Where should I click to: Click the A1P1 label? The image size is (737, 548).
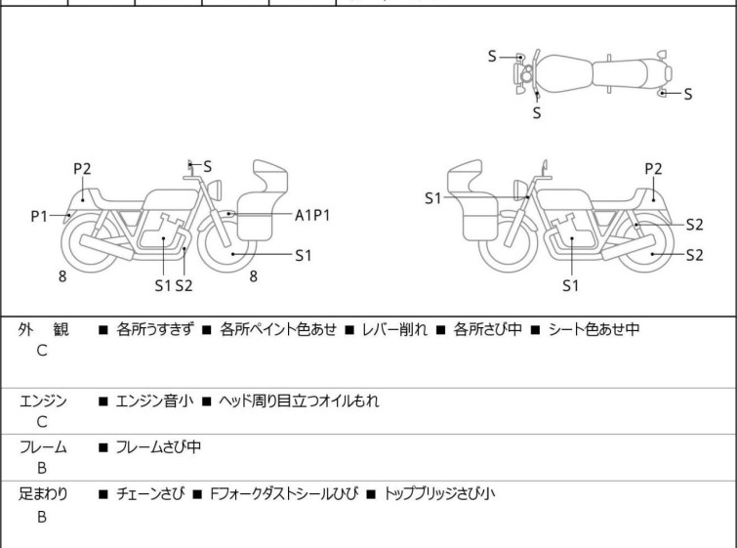[x=312, y=214]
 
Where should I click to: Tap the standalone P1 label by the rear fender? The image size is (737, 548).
[x=39, y=215]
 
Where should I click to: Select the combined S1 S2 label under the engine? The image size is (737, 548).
[x=174, y=285]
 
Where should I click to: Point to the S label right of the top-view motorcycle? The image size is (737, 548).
[x=687, y=94]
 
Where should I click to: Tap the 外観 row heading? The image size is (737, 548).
[x=44, y=330]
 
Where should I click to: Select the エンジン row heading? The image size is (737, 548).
[x=44, y=400]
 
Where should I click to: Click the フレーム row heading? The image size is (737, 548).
[x=44, y=447]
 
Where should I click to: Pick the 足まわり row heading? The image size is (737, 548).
[x=44, y=494]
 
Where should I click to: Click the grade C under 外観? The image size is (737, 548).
[x=41, y=352]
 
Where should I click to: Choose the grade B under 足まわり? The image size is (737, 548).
[x=41, y=517]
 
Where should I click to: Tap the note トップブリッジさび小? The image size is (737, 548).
[x=439, y=494]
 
